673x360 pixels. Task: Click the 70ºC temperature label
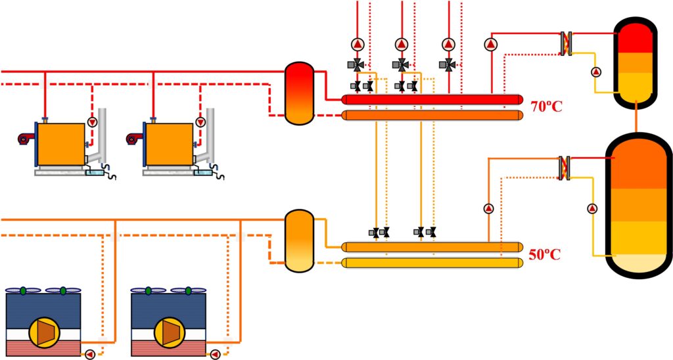(546, 106)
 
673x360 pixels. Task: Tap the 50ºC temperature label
(544, 254)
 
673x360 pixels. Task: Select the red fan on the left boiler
(26, 138)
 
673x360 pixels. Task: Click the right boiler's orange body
(169, 144)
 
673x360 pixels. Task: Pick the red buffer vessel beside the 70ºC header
(300, 93)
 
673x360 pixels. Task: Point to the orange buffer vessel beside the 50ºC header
(300, 240)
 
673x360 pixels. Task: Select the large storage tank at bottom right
(639, 206)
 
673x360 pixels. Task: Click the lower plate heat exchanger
(565, 168)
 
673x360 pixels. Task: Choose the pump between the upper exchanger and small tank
(595, 72)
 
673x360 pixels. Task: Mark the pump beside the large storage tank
(592, 208)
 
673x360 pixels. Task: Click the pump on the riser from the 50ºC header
(488, 208)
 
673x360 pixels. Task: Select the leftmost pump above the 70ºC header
(358, 44)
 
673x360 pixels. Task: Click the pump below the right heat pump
(215, 355)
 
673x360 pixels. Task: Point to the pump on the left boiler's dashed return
(92, 122)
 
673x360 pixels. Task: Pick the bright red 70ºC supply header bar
(432, 100)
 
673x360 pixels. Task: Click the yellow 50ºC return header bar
(432, 263)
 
